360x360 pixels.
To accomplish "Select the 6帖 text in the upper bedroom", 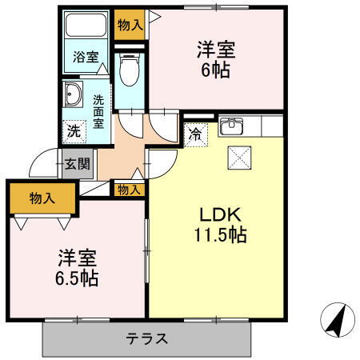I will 214,70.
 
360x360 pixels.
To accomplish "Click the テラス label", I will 147,338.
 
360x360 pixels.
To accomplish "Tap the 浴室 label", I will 86,57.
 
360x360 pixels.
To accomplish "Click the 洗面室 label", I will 98,112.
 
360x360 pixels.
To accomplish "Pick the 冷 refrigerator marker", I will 195,134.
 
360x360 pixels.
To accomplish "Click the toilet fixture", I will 128,70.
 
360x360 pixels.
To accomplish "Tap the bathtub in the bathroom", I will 86,26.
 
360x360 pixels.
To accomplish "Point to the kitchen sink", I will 231,126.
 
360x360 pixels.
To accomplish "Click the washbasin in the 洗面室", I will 73,94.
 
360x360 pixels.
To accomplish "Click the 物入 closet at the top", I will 129,25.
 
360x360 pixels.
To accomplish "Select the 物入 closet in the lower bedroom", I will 42,198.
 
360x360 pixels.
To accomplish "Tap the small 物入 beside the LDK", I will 128,190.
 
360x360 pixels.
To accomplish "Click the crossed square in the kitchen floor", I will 241,158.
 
